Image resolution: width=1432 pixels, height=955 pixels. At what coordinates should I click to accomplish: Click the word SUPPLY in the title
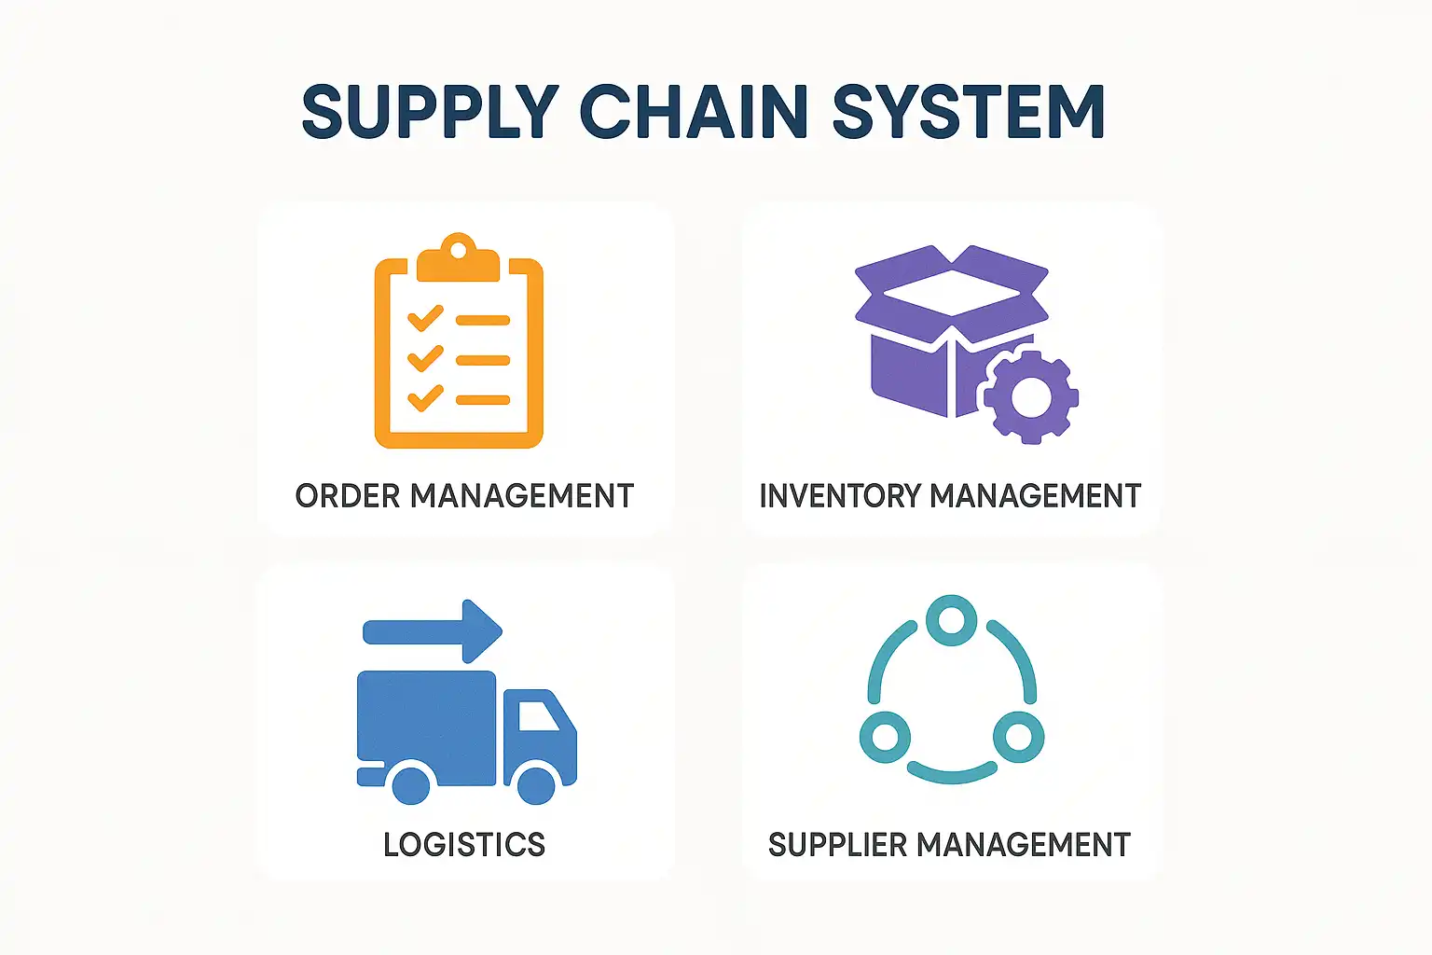pos(430,113)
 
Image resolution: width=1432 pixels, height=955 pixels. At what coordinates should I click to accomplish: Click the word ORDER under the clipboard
pos(347,496)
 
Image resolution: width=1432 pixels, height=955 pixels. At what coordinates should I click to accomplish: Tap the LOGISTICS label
pos(464,845)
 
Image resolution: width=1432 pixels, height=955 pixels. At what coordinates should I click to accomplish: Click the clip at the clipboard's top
pos(458,257)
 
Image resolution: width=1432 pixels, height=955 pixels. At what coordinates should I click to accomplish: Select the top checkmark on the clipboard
pos(425,318)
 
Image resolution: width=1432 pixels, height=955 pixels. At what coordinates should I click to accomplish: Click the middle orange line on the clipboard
pos(483,360)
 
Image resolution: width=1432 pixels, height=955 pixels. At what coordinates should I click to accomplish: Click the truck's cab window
pos(537,715)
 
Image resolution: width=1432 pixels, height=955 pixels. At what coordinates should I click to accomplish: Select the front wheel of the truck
pos(536,783)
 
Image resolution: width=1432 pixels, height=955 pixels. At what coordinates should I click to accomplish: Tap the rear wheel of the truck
pos(411,783)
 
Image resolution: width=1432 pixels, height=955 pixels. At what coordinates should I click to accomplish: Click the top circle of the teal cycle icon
pos(951,620)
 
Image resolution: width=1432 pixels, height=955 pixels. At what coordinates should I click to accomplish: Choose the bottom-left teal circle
pos(885,738)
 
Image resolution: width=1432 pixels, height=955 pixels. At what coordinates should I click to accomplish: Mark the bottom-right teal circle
pos(1018,738)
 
